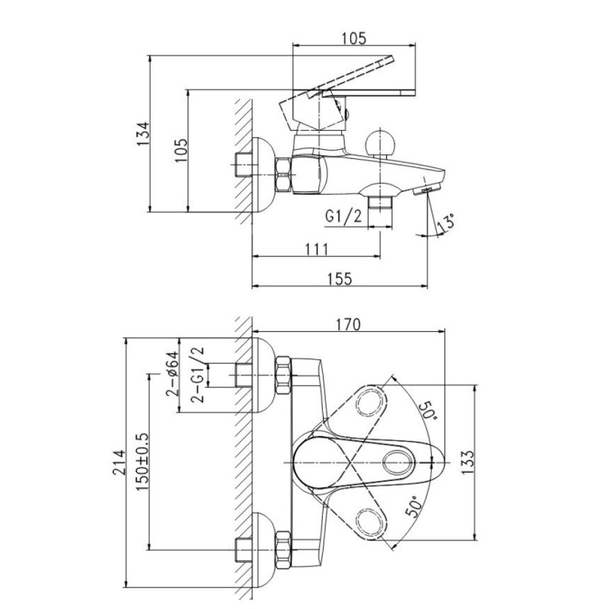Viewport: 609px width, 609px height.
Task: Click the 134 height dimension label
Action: pos(142,134)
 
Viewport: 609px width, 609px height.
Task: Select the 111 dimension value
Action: pos(317,249)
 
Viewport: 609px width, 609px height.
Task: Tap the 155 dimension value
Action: pos(340,279)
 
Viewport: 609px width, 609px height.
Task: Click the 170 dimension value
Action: pos(348,324)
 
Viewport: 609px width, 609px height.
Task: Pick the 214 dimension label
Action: pos(120,462)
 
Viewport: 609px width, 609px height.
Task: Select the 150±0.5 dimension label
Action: pos(142,462)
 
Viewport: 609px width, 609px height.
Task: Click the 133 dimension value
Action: pos(468,462)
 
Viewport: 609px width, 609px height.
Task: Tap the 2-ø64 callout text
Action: pos(172,373)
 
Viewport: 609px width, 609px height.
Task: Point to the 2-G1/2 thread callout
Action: pos(197,374)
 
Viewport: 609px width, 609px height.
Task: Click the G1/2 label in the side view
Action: pos(343,216)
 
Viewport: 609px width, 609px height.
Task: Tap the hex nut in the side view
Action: pos(283,175)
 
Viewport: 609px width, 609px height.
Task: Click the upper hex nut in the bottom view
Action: pos(283,375)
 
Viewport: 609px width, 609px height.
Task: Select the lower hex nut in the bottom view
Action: pos(283,550)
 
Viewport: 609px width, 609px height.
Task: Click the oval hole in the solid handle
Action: pos(398,463)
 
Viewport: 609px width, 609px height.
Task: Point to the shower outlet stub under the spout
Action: pos(380,202)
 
